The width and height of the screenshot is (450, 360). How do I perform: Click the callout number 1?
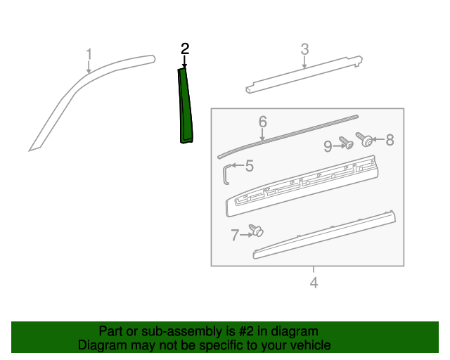click(89, 54)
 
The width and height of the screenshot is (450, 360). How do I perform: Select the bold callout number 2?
click(185, 49)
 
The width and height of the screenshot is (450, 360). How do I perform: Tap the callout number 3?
click(304, 49)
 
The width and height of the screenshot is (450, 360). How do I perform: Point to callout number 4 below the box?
click(314, 283)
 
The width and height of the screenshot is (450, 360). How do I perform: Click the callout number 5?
click(249, 167)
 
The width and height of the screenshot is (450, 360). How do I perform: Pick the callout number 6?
click(262, 122)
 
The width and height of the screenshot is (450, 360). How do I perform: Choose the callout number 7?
click(235, 236)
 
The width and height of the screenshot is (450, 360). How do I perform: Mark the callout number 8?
click(389, 140)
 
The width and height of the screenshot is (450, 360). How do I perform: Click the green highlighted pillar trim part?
click(186, 105)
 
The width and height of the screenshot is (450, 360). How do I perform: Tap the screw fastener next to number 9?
click(345, 143)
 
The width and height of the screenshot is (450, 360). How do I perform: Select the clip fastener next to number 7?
click(257, 229)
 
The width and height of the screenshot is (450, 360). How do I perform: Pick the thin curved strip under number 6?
click(288, 133)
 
